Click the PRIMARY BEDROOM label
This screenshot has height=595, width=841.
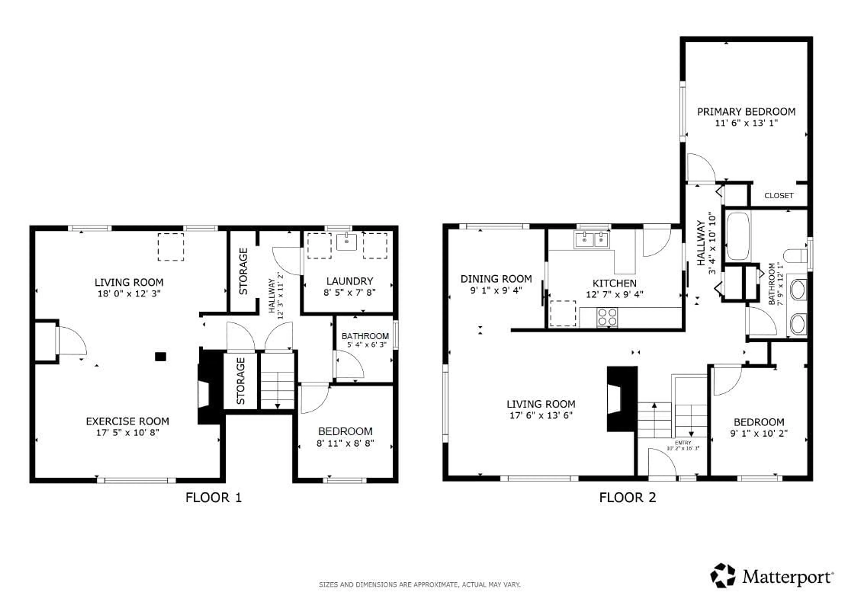tap(746, 112)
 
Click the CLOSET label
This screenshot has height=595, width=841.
tap(778, 196)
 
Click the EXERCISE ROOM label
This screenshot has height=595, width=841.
tap(128, 421)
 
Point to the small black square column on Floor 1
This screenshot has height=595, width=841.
tap(160, 356)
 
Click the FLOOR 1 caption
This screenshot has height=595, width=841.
tap(213, 498)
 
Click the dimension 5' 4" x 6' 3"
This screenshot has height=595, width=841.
tap(367, 344)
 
